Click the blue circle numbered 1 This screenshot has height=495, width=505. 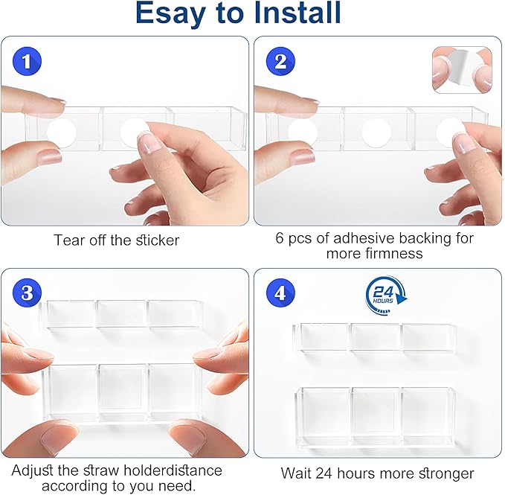tap(27, 61)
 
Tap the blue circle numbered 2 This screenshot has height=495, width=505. tap(280, 61)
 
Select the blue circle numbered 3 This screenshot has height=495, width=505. tap(27, 293)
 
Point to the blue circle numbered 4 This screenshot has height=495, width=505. tap(280, 293)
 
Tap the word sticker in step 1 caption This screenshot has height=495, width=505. tap(158, 240)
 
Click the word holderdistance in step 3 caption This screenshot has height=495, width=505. tap(173, 470)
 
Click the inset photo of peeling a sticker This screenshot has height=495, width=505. tap(462, 70)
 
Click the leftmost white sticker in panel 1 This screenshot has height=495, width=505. tap(62, 132)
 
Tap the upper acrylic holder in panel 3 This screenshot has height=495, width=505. tap(121, 315)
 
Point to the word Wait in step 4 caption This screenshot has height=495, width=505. tap(296, 473)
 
